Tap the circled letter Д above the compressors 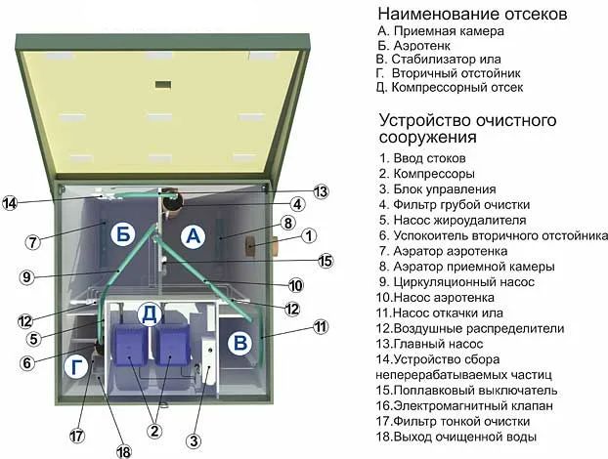[x=150, y=313]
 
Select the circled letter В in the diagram [x=239, y=342]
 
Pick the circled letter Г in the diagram [x=75, y=367]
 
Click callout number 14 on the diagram [x=11, y=203]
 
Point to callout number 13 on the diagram [x=321, y=191]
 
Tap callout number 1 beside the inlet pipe [x=308, y=235]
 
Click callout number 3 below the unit [x=195, y=441]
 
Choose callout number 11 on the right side [x=321, y=328]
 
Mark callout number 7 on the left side [x=32, y=242]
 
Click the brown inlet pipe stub [x=261, y=245]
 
